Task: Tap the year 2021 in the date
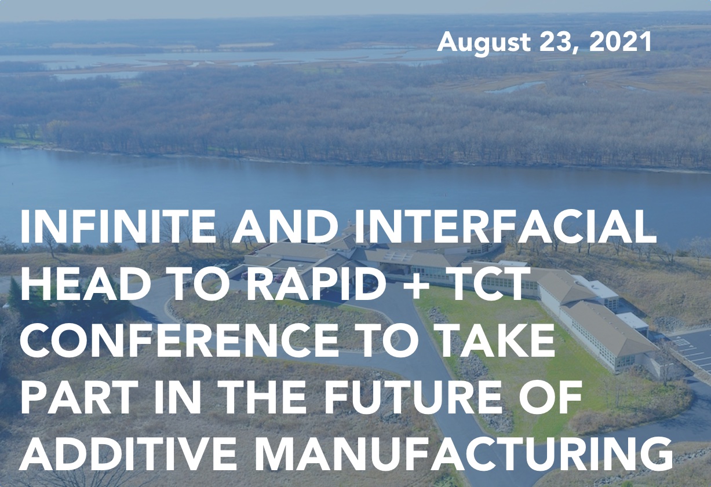coord(620,42)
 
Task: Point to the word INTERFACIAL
coord(505,226)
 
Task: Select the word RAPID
coord(318,284)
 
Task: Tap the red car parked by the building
coord(278,278)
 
